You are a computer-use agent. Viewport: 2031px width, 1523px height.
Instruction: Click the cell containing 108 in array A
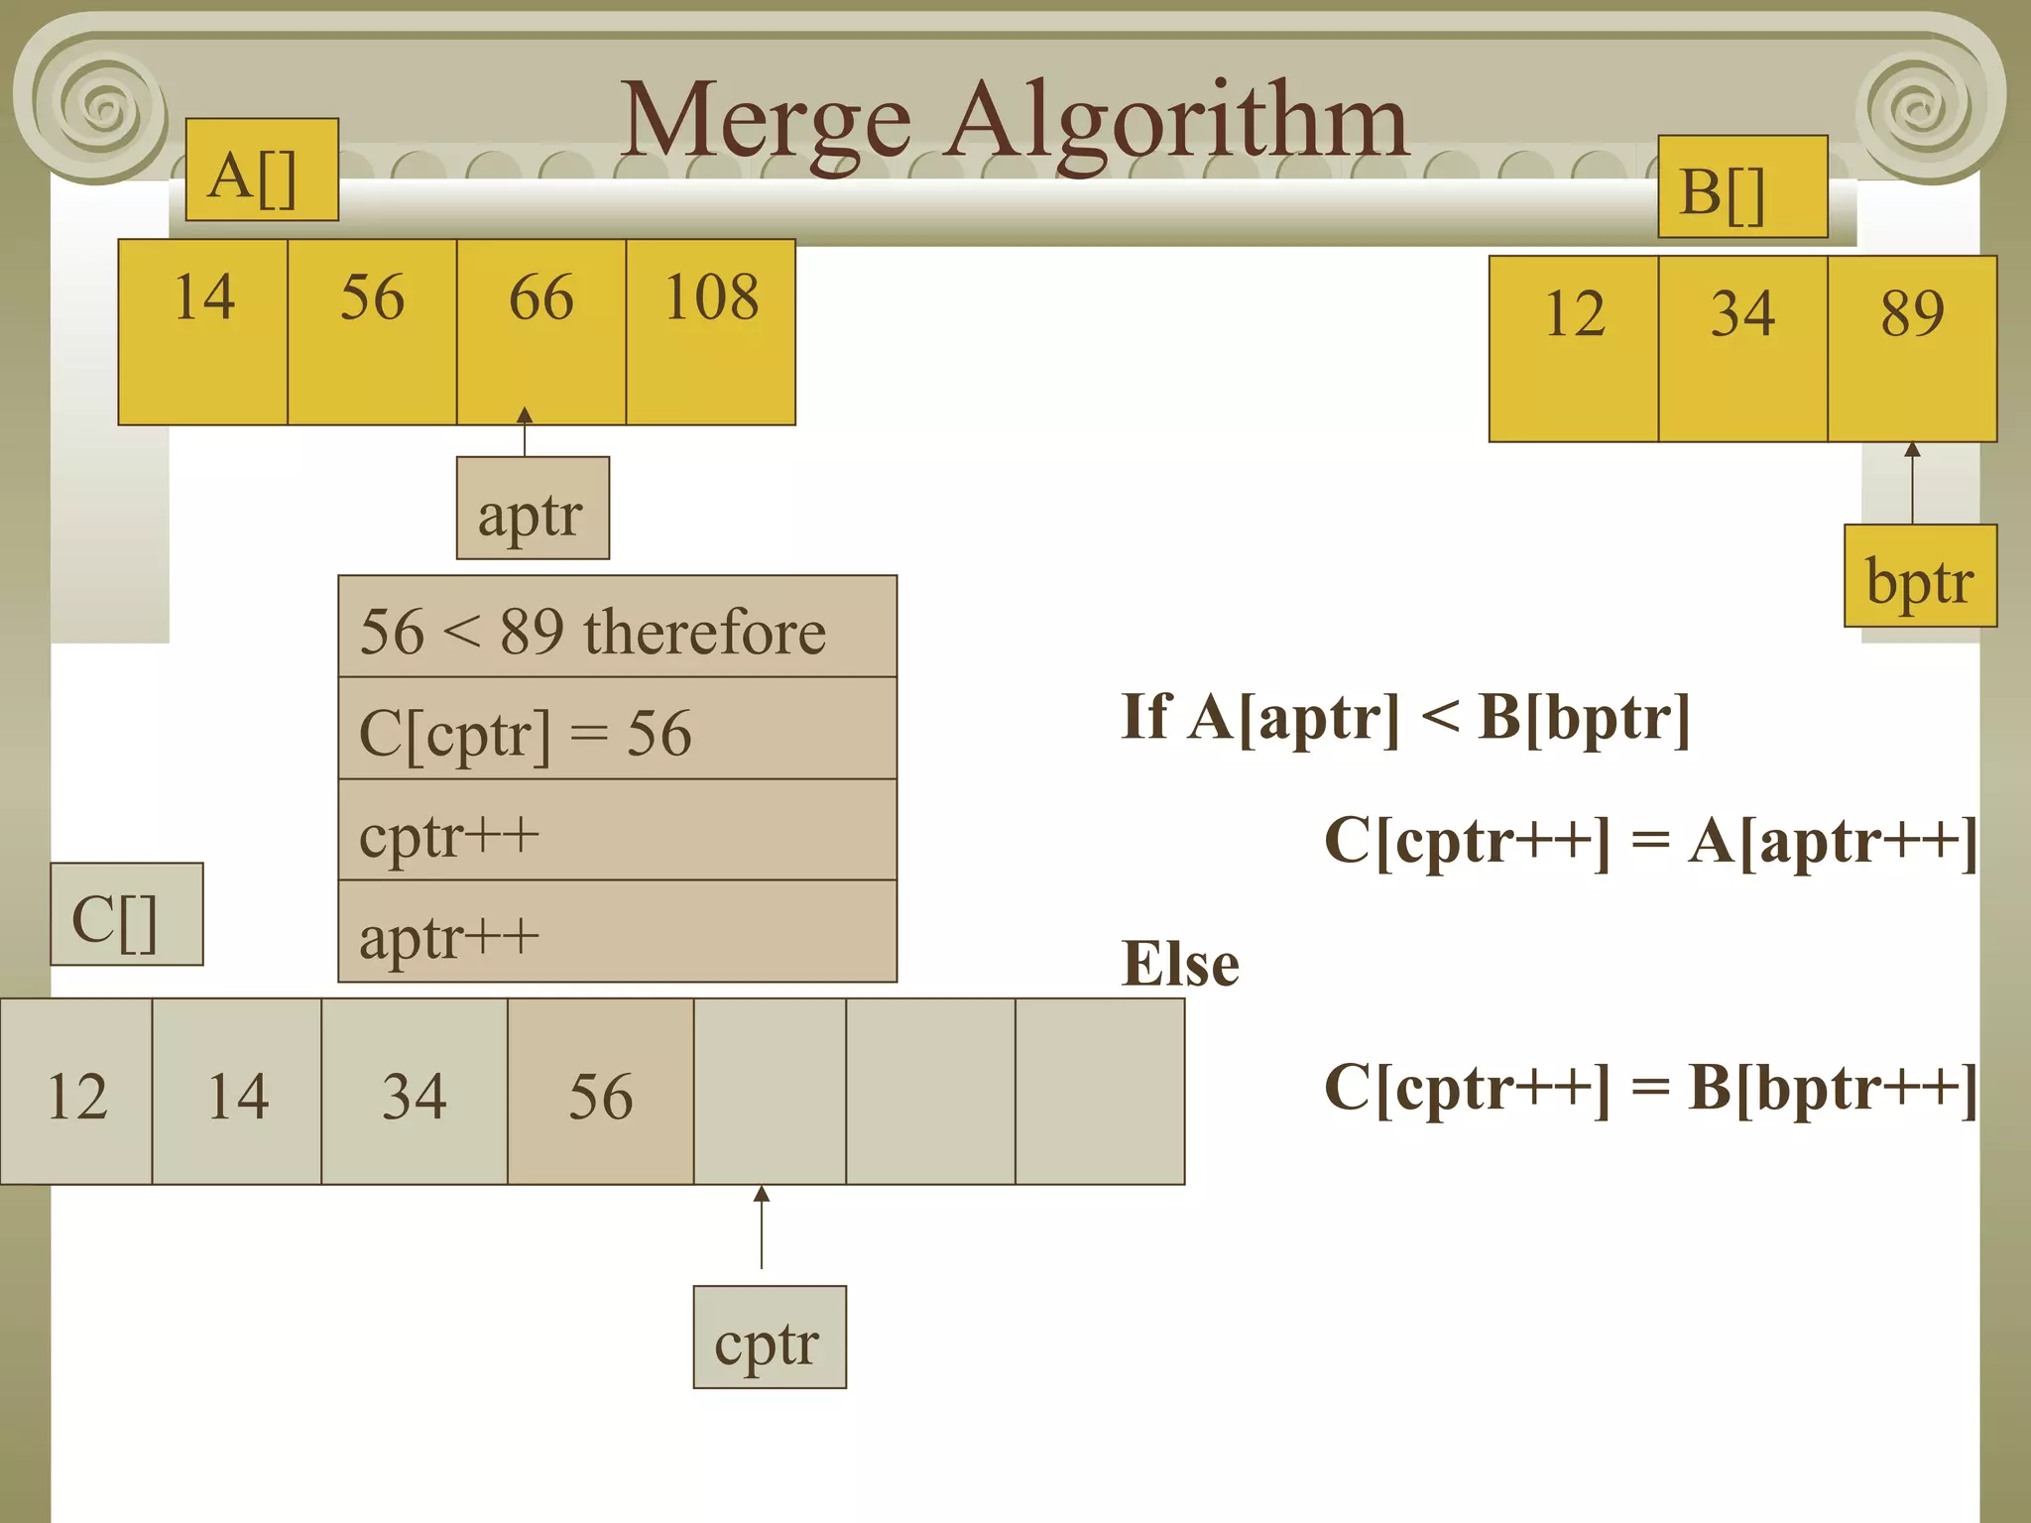tap(710, 332)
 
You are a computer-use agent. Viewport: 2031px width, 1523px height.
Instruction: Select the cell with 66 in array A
tap(540, 332)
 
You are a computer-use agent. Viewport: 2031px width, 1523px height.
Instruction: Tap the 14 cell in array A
tap(202, 332)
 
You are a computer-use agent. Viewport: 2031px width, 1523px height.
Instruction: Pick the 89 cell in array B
tap(1911, 348)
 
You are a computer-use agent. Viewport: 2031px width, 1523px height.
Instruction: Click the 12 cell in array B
tap(1573, 348)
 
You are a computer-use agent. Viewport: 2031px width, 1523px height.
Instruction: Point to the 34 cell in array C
tap(414, 1091)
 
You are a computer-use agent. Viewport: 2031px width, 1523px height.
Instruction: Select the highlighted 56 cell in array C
tap(600, 1091)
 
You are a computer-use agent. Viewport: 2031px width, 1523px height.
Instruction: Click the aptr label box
tap(533, 509)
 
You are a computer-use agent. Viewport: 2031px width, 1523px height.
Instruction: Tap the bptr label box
tap(1920, 576)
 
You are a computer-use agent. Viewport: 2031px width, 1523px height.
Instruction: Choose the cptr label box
tap(769, 1338)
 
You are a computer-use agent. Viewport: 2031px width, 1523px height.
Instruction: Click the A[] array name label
tap(262, 170)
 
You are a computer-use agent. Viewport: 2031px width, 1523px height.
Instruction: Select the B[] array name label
tap(1742, 186)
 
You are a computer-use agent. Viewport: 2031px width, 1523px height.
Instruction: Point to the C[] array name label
tap(126, 914)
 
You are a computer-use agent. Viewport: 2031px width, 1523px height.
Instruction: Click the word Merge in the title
tap(766, 121)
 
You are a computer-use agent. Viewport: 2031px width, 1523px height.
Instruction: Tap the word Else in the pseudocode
tap(1180, 964)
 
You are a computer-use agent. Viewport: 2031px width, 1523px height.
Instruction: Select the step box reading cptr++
tap(617, 830)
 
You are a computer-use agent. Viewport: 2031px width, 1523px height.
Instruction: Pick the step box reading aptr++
tap(617, 931)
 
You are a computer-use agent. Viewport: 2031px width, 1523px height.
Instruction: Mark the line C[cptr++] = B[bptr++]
tap(1650, 1088)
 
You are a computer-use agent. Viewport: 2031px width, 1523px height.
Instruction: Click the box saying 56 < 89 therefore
tap(617, 627)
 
